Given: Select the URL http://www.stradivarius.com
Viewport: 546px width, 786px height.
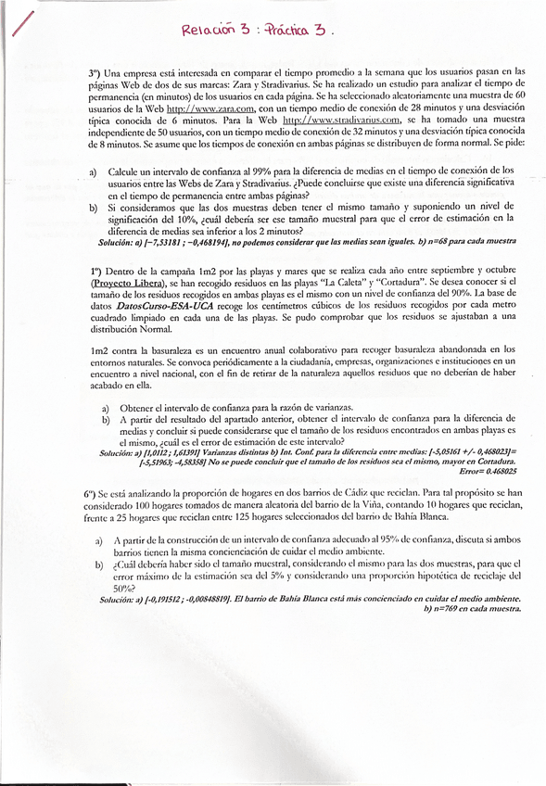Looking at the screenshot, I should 341,119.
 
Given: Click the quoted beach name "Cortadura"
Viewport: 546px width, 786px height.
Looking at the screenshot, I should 427,281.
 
